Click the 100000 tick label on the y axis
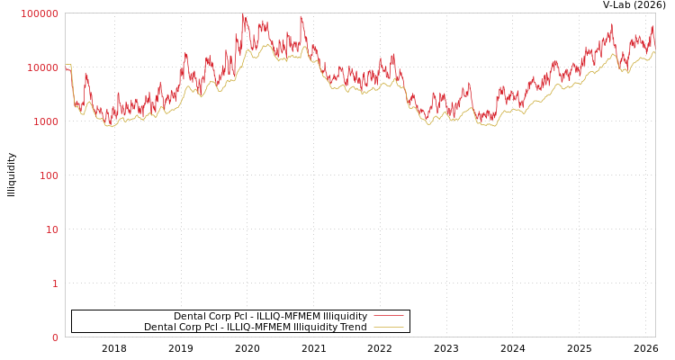[40, 13]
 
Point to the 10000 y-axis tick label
[42, 67]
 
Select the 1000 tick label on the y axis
[45, 121]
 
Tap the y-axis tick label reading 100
[48, 175]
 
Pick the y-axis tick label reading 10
[51, 229]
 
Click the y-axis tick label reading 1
[55, 283]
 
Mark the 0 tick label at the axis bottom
[55, 337]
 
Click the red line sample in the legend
[388, 316]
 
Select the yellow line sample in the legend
[388, 327]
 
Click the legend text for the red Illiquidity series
[270, 316]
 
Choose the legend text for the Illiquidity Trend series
[256, 327]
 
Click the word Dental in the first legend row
[190, 316]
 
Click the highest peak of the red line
[243, 15]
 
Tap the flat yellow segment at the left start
[67, 65]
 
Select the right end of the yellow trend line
[654, 52]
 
